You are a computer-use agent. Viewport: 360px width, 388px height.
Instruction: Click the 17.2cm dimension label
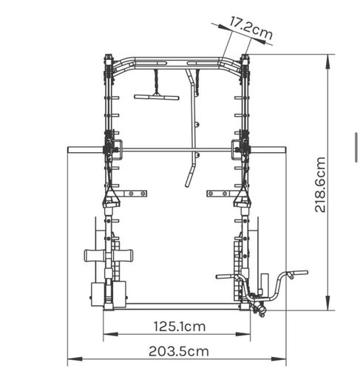pyautogui.click(x=251, y=28)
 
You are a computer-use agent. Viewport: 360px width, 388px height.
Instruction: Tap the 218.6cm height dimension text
pyautogui.click(x=320, y=184)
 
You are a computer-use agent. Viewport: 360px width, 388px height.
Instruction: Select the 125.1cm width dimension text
pyautogui.click(x=180, y=327)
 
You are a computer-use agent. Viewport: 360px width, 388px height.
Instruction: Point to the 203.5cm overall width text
pyautogui.click(x=179, y=351)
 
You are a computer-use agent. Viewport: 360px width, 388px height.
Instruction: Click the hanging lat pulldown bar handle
pyautogui.click(x=157, y=97)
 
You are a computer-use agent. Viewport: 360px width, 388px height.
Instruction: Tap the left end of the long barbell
pyautogui.click(x=68, y=150)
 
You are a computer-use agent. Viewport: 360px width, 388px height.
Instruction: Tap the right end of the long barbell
pyautogui.click(x=285, y=150)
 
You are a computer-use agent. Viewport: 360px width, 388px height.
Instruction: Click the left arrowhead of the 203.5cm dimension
pyautogui.click(x=75, y=359)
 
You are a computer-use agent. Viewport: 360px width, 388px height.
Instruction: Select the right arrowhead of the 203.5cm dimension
pyautogui.click(x=279, y=359)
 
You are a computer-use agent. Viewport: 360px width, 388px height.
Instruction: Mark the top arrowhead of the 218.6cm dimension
pyautogui.click(x=327, y=61)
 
